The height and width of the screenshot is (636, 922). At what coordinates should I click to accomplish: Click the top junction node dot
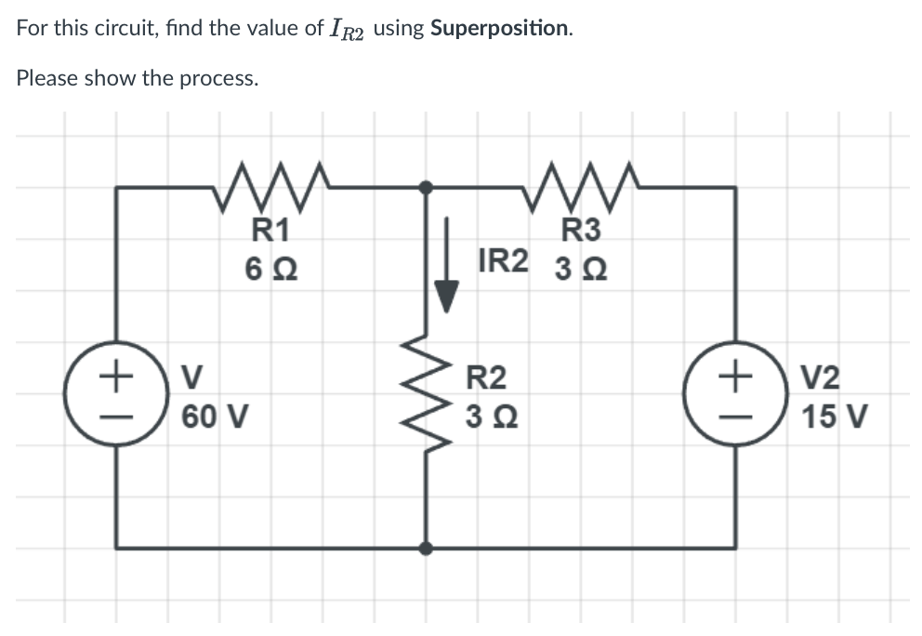pos(426,187)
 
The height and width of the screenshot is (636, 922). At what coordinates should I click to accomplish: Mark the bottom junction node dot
pos(426,548)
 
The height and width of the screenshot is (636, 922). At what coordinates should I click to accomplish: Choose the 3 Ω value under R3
pos(581,271)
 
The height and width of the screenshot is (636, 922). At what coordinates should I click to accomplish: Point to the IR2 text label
pos(503,259)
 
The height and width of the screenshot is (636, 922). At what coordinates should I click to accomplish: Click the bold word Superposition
pos(500,28)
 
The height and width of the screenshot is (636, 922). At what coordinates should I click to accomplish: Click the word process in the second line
pos(217,78)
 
